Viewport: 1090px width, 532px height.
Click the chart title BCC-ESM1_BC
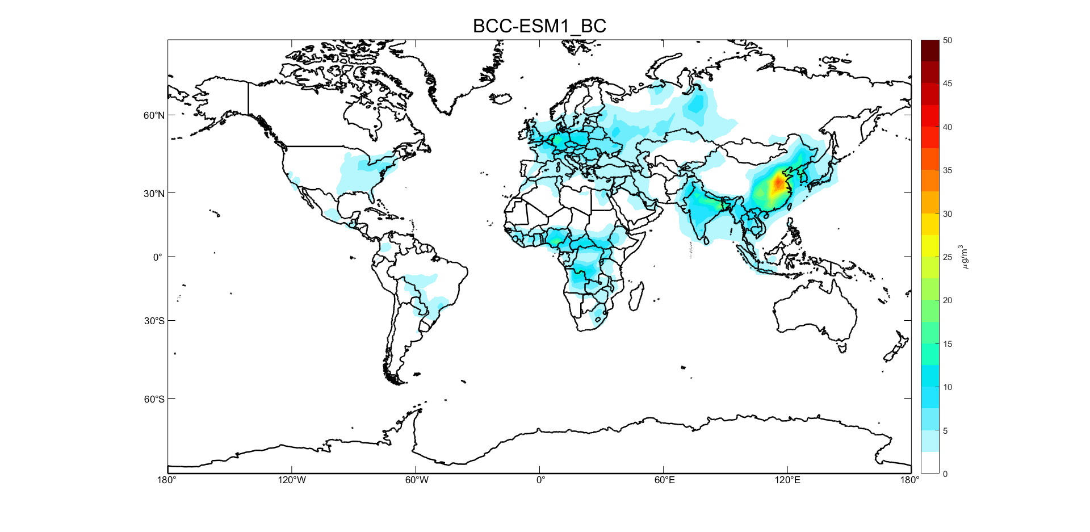point(539,26)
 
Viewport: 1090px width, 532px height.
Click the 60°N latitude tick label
point(154,115)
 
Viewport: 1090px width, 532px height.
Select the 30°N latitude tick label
point(154,194)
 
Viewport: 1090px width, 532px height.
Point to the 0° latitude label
point(158,257)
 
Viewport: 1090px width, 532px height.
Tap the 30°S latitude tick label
point(154,321)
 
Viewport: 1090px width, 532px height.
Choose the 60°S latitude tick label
point(154,399)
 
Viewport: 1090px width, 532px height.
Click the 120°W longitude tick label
point(292,480)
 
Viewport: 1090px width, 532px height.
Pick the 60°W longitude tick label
point(417,480)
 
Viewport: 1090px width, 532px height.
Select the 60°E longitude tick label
point(664,480)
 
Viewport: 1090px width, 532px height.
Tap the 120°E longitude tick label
point(787,480)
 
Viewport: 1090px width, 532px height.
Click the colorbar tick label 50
point(948,40)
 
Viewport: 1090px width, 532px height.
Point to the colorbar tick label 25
point(948,257)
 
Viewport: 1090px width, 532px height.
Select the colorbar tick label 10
point(948,387)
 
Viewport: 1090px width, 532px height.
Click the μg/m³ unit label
point(963,257)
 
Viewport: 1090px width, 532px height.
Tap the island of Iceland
point(501,98)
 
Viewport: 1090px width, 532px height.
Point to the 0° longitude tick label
point(540,480)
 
